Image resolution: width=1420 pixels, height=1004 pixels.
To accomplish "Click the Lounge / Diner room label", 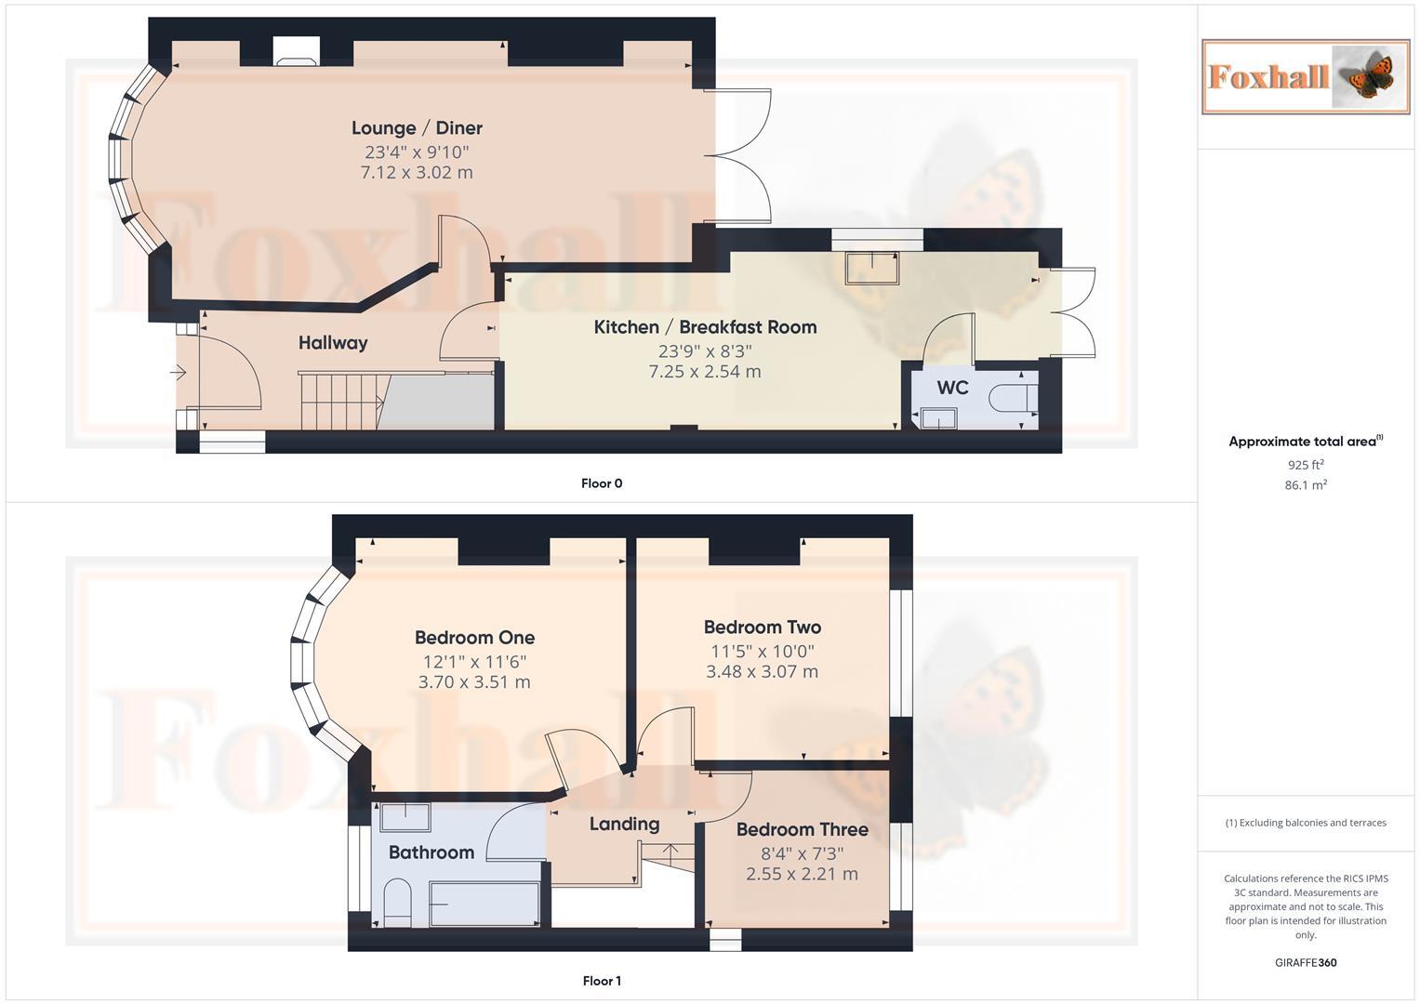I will (417, 128).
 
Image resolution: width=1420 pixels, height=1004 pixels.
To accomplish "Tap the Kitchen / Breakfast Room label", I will (705, 327).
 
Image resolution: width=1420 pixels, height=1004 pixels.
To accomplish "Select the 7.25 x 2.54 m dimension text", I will (705, 372).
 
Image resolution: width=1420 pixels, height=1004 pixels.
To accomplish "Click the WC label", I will (952, 388).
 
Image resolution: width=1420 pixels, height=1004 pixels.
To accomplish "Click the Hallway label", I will (333, 343).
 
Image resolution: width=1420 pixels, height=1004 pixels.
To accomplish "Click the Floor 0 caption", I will (602, 483).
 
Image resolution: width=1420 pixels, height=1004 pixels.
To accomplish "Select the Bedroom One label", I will (474, 638).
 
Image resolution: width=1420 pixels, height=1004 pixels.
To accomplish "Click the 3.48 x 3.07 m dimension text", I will (762, 672).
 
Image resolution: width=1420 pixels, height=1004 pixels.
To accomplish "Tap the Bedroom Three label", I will (802, 829).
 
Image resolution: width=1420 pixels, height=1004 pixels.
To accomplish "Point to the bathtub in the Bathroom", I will (484, 904).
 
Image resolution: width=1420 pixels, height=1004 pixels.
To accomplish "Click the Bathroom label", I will (431, 852).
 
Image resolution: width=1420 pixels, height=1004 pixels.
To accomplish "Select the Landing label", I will (624, 824).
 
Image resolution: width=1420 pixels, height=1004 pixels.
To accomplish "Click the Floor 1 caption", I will (602, 981).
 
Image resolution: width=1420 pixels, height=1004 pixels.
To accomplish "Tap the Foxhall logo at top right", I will (1305, 77).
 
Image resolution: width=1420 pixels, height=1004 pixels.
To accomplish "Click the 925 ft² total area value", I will (1305, 465).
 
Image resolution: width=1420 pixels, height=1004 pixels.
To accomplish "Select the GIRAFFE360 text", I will (1305, 962).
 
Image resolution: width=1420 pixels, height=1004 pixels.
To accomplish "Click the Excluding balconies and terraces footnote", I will (1305, 823).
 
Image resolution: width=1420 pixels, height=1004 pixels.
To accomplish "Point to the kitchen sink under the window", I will (872, 268).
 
